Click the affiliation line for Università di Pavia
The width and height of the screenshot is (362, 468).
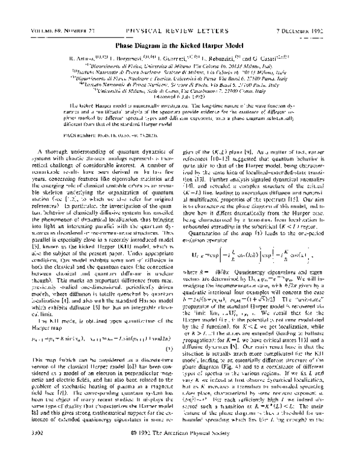click(181, 78)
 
